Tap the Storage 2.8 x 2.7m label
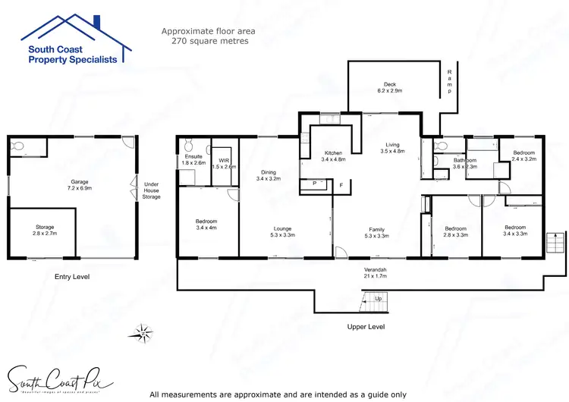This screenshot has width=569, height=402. click(x=45, y=231)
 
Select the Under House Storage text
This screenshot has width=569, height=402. click(x=152, y=189)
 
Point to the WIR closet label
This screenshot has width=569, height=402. click(x=224, y=163)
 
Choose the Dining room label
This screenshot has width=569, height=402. click(x=269, y=175)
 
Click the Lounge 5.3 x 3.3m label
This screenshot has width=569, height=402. click(x=283, y=232)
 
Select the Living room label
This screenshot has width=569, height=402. click(x=392, y=148)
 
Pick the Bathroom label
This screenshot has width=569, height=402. click(x=465, y=164)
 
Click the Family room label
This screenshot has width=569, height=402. click(x=377, y=233)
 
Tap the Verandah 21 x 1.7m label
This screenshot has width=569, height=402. click(x=376, y=274)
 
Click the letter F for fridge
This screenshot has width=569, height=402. click(x=341, y=184)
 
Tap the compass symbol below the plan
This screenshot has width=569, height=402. click(x=141, y=331)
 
